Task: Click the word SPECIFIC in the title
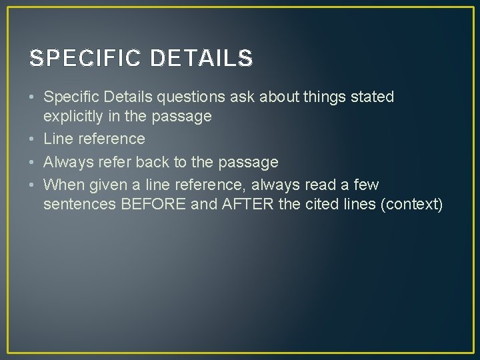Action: (x=85, y=59)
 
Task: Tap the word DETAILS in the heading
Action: (x=201, y=59)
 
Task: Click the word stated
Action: (x=371, y=97)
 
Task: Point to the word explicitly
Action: (x=74, y=117)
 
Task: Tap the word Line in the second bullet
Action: (x=58, y=139)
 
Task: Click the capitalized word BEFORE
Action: (x=153, y=204)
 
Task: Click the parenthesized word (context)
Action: (x=411, y=204)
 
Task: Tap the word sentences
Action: (x=80, y=204)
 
